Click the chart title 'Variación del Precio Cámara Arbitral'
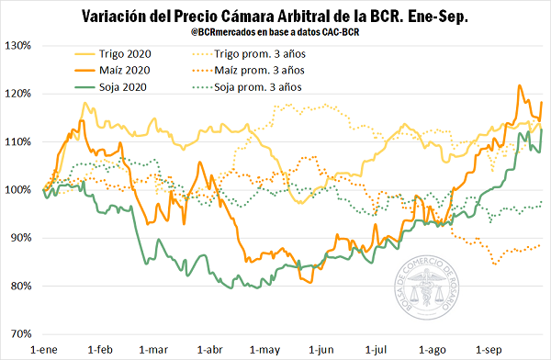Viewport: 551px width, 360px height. pyautogui.click(x=275, y=17)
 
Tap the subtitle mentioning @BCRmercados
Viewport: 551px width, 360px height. pyautogui.click(x=275, y=35)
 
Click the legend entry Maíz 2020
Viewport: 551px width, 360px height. pyautogui.click(x=125, y=71)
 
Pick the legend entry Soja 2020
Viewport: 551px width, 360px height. pyautogui.click(x=124, y=87)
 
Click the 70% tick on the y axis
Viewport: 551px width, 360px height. pyautogui.click(x=20, y=333)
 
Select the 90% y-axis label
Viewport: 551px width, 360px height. pyautogui.click(x=20, y=238)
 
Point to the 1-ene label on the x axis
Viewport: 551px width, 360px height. pyautogui.click(x=45, y=350)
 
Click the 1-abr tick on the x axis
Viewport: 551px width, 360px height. pyautogui.click(x=210, y=350)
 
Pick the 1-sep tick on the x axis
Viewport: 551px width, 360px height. pyautogui.click(x=489, y=350)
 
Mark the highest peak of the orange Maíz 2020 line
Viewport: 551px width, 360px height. pyautogui.click(x=521, y=85)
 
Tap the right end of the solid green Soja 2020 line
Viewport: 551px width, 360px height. pyautogui.click(x=542, y=129)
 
